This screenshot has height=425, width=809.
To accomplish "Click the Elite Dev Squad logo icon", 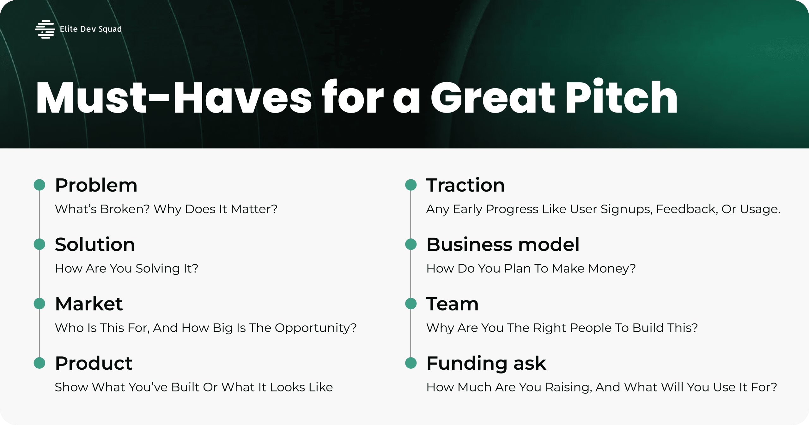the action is [45, 29].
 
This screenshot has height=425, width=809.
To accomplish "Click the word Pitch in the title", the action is [621, 97].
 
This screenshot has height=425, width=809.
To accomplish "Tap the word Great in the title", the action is [492, 97].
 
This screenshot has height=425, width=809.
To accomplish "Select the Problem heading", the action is [96, 186].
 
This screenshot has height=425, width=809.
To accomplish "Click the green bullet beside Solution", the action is [40, 244].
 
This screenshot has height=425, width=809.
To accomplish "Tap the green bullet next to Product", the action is [40, 363].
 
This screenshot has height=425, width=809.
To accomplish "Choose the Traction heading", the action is [465, 185].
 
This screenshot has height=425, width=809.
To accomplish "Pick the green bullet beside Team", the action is [411, 304].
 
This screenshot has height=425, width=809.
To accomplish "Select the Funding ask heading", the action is [486, 363].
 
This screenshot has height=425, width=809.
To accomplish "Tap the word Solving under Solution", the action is [158, 269].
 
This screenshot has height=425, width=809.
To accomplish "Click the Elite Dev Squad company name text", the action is [91, 29].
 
